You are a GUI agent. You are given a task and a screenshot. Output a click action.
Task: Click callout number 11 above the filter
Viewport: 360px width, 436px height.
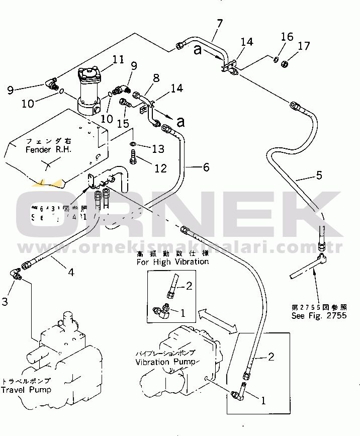(118, 60)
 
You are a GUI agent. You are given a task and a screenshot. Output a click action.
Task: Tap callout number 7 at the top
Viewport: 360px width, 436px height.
(219, 23)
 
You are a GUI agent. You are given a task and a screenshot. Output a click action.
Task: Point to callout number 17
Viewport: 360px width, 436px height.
(304, 47)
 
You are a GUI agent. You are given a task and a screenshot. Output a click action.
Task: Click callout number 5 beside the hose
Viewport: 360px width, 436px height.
(318, 176)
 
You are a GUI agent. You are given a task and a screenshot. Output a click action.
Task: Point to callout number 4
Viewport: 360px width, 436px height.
(71, 272)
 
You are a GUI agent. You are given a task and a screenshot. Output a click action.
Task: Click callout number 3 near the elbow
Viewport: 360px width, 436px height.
(5, 301)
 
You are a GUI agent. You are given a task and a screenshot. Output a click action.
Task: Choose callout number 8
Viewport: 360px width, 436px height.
(156, 77)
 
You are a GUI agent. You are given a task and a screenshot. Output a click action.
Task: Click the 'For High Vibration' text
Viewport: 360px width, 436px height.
(172, 261)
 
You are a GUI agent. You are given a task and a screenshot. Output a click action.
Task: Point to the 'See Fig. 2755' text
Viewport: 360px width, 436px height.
(319, 316)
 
